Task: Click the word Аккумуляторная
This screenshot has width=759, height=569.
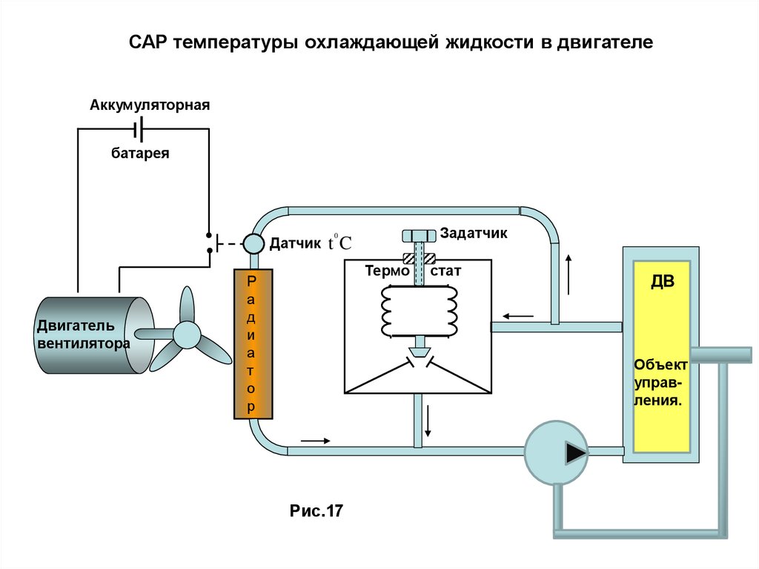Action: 150,105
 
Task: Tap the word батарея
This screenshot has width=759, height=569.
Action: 141,154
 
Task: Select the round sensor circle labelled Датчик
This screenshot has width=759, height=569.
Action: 253,243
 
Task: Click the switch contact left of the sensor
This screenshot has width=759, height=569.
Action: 211,242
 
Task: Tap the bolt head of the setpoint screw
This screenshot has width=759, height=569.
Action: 420,236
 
